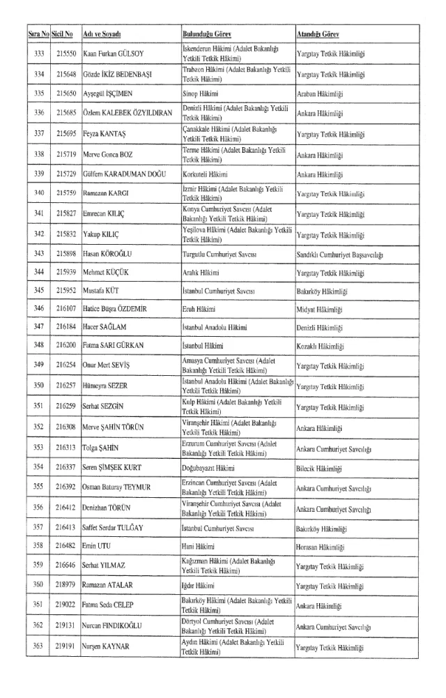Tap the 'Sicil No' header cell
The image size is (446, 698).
click(65, 33)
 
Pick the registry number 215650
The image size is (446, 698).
click(65, 92)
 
